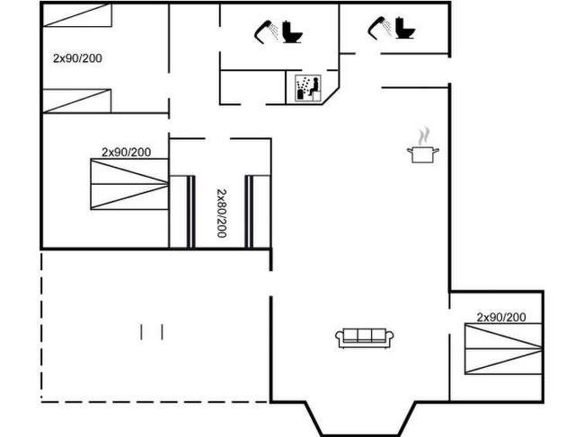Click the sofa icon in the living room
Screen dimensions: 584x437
[365, 338]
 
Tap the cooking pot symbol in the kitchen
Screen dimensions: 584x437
[423, 154]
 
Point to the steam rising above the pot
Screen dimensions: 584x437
[424, 136]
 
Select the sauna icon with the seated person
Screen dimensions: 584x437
[308, 88]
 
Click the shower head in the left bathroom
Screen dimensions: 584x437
[267, 31]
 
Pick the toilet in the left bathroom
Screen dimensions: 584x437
[292, 32]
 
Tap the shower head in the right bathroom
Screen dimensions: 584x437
[380, 28]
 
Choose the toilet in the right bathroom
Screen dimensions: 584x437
[405, 28]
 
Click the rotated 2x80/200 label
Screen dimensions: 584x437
[222, 213]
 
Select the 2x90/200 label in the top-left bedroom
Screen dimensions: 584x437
[77, 58]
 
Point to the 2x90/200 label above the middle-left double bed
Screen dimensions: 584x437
[127, 153]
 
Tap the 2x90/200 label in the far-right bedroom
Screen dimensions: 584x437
[501, 318]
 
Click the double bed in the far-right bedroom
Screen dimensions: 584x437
[503, 349]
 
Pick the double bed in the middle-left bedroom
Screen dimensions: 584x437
[129, 184]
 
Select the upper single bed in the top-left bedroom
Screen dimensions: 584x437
[77, 15]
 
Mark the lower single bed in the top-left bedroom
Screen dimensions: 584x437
[76, 101]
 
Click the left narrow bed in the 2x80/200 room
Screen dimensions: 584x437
[182, 212]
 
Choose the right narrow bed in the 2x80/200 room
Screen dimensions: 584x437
[258, 212]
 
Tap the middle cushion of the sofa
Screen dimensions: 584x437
[365, 336]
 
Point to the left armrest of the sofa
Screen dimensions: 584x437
[340, 338]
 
